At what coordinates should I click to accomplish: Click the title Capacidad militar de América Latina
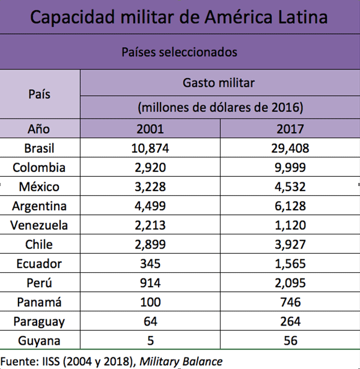tap(179, 17)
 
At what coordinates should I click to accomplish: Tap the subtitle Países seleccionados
tap(179, 52)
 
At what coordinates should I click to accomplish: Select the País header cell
tap(39, 94)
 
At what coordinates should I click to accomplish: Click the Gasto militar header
tap(219, 83)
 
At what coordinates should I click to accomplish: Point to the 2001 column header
tap(150, 129)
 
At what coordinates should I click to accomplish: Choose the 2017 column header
tap(290, 129)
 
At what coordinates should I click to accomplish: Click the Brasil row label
tap(39, 148)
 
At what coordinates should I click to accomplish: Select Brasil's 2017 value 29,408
tap(290, 148)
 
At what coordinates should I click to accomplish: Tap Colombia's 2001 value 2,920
tap(150, 167)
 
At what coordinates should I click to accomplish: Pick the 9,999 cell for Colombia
tap(290, 167)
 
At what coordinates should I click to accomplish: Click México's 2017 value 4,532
tap(290, 187)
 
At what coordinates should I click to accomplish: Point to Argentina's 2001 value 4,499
tap(150, 206)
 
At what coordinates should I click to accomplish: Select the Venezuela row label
tap(39, 225)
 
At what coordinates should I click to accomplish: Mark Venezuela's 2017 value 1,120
tap(290, 225)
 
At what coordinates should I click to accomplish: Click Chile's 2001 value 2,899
tap(150, 244)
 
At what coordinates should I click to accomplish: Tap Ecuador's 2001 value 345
tap(150, 264)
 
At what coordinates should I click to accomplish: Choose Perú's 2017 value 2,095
tap(290, 283)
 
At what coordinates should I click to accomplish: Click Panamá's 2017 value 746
tap(291, 302)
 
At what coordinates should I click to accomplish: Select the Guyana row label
tap(39, 340)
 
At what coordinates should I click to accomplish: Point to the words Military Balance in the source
tap(181, 362)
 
